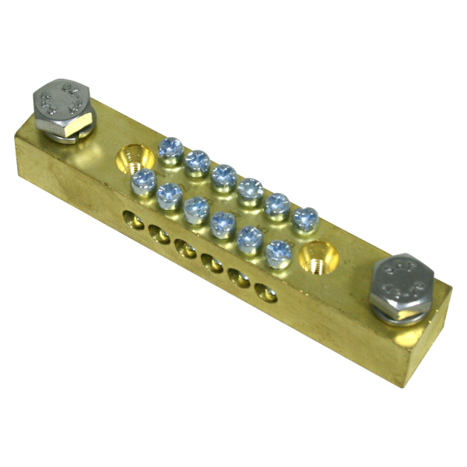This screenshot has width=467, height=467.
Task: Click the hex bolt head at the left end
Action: (64, 101)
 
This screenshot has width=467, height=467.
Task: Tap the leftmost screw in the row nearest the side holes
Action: (144, 182)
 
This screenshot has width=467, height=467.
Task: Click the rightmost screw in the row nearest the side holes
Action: (278, 253)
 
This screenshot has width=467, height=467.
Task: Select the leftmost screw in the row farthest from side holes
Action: (170, 149)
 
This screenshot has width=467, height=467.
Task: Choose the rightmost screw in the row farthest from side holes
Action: (305, 219)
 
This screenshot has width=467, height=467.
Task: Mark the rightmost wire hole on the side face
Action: (266, 294)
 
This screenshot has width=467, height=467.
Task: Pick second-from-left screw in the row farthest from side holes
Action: (198, 162)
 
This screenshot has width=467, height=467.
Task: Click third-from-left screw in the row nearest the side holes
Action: (197, 209)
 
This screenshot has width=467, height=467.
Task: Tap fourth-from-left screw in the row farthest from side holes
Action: (251, 190)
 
